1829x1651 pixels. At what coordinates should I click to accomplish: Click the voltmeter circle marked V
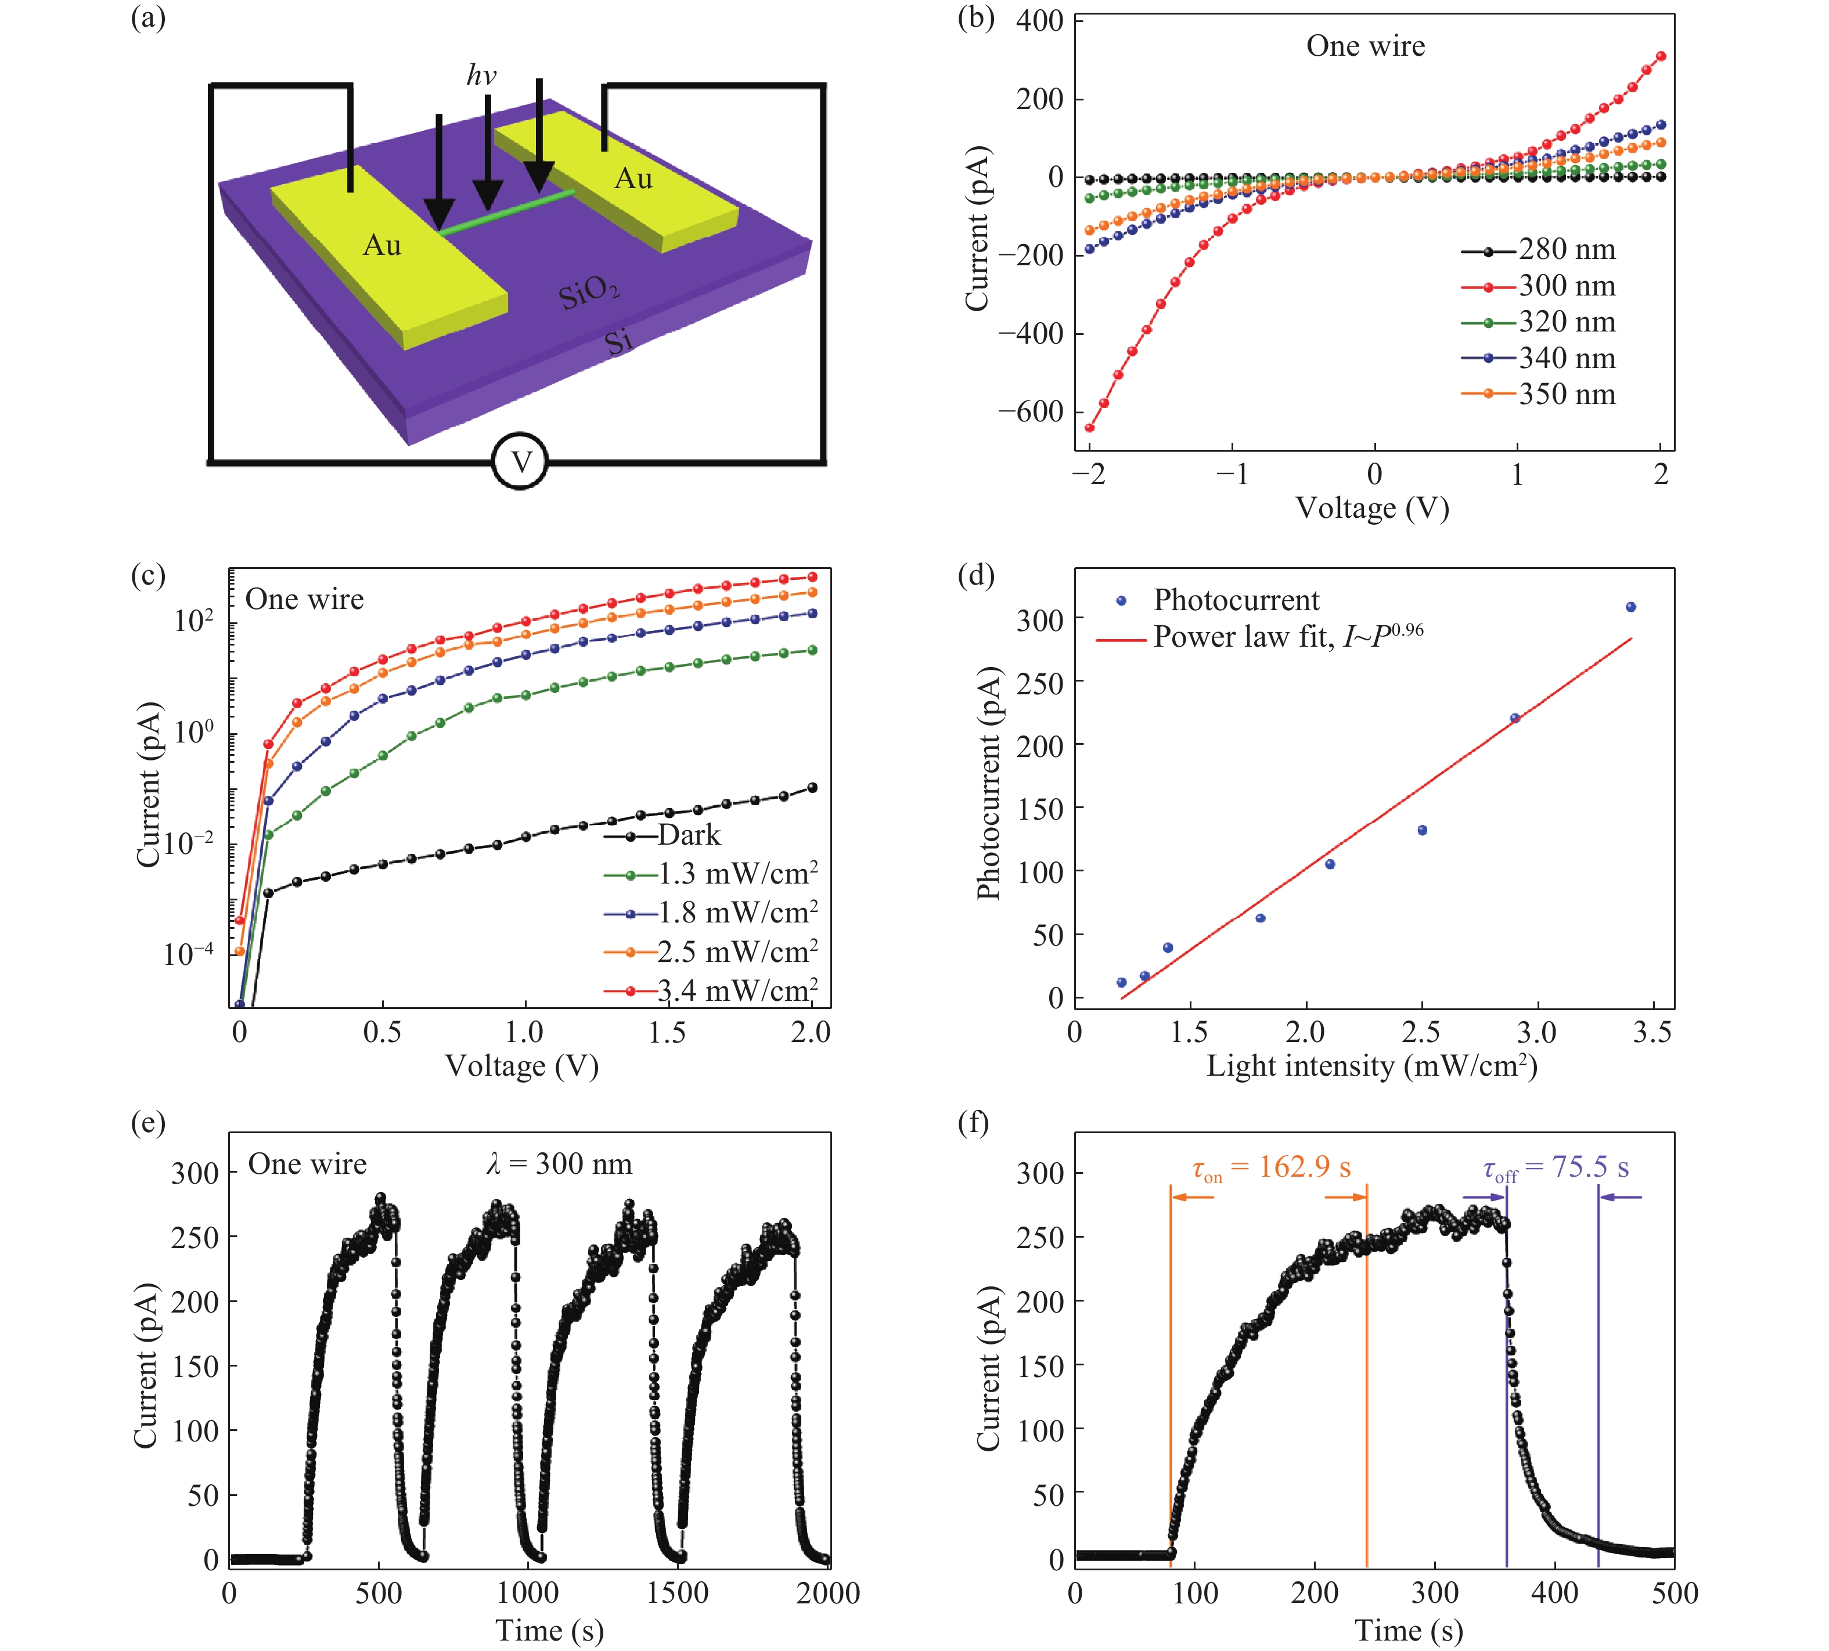pyautogui.click(x=520, y=463)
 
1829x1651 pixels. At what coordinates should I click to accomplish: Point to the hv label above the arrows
pyautogui.click(x=482, y=75)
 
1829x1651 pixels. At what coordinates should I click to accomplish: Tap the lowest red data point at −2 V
pyautogui.click(x=1090, y=427)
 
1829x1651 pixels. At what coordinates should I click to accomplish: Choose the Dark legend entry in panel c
pyautogui.click(x=687, y=835)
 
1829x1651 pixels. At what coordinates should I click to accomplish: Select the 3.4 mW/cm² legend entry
pyautogui.click(x=737, y=990)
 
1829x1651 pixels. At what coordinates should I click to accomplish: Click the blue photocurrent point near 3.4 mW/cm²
pyautogui.click(x=1630, y=607)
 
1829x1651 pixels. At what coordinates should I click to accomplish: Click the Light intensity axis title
pyautogui.click(x=1371, y=1065)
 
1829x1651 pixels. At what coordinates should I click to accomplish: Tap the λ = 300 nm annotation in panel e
pyautogui.click(x=559, y=1164)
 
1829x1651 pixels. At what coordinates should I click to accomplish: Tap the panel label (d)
pyautogui.click(x=976, y=575)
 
